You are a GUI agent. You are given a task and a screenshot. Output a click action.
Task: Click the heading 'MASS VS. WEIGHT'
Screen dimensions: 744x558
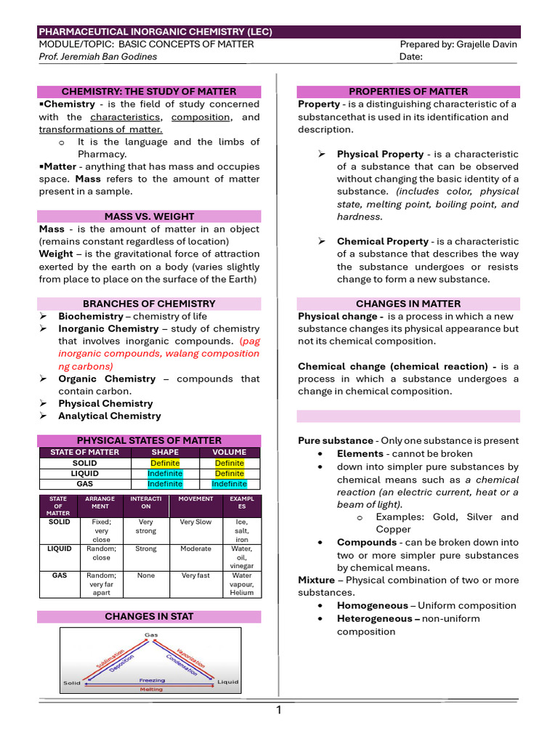[x=149, y=217]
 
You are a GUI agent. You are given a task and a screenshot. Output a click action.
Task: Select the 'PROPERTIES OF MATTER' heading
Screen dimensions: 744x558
[x=408, y=92]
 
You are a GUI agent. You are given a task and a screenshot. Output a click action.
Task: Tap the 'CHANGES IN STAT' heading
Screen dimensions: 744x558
[x=149, y=616]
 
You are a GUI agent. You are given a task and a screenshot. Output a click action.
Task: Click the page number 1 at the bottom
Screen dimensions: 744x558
[x=278, y=711]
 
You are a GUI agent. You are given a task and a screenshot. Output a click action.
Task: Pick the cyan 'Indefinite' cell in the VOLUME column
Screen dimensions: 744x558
[x=229, y=484]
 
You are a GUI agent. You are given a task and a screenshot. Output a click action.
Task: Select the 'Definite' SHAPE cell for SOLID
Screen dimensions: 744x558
[x=165, y=463]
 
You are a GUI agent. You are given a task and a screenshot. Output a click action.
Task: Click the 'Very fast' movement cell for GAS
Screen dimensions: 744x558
[x=195, y=575]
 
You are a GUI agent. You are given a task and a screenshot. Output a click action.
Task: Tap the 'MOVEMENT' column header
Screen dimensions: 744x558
[x=195, y=499]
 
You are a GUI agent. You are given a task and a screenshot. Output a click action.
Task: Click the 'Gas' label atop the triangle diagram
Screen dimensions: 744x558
[x=151, y=635]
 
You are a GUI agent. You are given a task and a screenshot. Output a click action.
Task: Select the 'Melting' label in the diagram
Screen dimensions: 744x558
[x=151, y=690]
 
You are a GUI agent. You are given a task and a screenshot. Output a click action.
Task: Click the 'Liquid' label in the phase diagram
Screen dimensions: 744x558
[x=228, y=682]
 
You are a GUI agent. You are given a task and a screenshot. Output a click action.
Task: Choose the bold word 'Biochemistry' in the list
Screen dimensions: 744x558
[x=91, y=316]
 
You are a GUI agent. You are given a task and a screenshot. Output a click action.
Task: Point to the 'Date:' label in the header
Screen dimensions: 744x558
[x=411, y=57]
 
